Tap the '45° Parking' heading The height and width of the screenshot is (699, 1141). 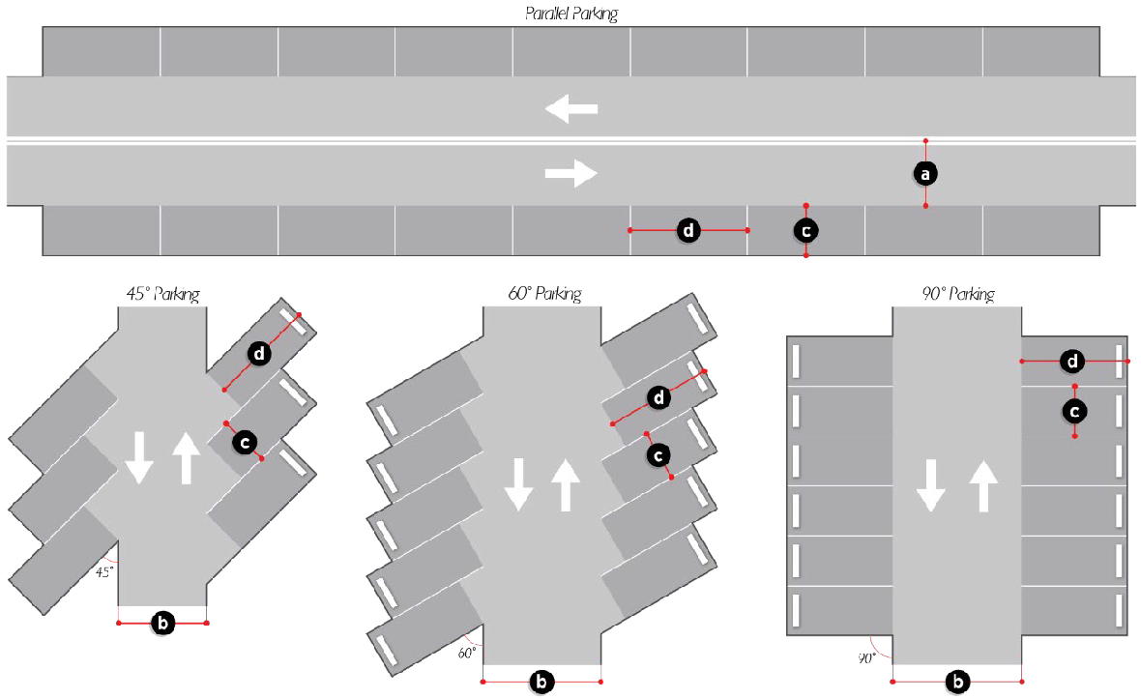(162, 294)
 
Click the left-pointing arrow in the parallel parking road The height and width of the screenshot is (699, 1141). (570, 109)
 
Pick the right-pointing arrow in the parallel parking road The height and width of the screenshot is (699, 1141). (570, 173)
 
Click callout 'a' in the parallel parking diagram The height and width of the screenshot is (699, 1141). (925, 173)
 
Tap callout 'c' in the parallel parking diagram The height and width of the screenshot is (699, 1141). (805, 230)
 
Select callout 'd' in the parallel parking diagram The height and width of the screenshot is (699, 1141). (688, 230)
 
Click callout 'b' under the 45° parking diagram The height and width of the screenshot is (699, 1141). (163, 624)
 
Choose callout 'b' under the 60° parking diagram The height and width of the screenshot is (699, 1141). (542, 682)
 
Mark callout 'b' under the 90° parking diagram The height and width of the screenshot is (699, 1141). (957, 682)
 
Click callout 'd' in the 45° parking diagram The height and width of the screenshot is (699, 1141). (259, 354)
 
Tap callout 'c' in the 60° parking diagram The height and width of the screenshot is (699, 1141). (658, 454)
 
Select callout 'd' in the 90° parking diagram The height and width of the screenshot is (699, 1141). (1072, 362)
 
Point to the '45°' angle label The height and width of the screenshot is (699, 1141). (104, 571)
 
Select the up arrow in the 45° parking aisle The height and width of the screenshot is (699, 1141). (186, 457)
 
